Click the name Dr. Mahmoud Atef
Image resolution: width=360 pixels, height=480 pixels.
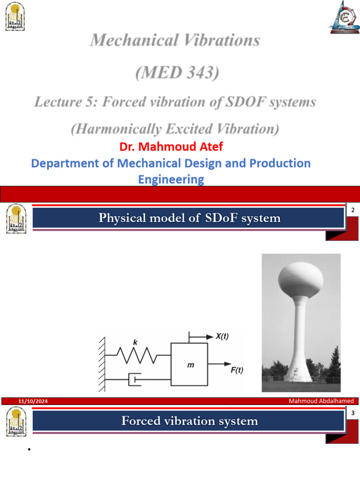point(171,147)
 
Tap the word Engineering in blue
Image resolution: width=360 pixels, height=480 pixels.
point(171,179)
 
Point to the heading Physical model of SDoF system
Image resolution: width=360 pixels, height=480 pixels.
point(189,218)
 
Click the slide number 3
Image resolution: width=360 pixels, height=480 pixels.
point(352,412)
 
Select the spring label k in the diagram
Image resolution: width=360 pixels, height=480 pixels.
point(135,343)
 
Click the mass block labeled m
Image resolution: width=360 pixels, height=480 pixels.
point(189,364)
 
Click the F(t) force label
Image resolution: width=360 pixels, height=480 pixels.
point(237,370)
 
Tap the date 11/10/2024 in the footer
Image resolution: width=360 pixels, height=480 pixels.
point(33,402)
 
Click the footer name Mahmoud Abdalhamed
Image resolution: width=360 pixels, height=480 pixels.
point(321,401)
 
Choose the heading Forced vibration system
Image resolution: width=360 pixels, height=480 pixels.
point(189,421)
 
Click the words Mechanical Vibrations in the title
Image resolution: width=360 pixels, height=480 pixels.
point(175,40)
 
